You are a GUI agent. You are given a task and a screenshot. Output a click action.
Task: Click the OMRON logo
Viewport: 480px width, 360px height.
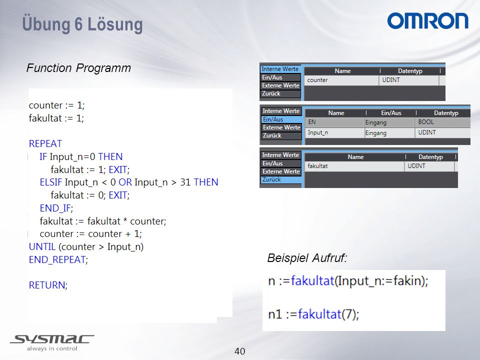tap(427, 21)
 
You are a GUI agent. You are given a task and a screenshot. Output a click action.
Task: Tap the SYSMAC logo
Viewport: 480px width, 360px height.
tap(52, 342)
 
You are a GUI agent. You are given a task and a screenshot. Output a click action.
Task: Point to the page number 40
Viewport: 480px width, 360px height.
tap(239, 351)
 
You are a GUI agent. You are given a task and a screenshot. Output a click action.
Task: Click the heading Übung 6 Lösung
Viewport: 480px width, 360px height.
tap(82, 24)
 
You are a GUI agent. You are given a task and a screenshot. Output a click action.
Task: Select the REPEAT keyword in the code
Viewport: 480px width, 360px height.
tap(45, 143)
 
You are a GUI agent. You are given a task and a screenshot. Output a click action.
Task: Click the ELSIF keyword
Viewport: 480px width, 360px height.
tap(51, 182)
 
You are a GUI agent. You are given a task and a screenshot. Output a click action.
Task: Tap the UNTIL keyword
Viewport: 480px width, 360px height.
tap(42, 246)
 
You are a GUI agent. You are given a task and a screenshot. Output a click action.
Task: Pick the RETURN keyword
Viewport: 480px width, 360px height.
tap(47, 285)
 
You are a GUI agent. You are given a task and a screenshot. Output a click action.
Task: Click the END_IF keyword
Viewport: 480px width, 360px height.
tap(55, 208)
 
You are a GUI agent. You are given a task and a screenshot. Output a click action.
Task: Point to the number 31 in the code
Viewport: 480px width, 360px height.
tap(185, 182)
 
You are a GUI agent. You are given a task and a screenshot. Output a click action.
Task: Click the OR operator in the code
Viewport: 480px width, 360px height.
tap(125, 182)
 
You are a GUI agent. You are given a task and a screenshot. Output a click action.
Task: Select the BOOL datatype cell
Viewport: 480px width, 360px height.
tap(426, 122)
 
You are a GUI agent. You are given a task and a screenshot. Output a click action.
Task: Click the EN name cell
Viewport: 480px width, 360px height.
tap(312, 122)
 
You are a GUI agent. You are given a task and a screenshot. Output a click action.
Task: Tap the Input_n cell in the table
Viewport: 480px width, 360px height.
tap(318, 132)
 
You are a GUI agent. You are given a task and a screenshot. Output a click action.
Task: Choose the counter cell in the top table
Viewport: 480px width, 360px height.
tap(317, 80)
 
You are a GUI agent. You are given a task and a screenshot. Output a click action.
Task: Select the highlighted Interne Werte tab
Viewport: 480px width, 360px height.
tap(280, 69)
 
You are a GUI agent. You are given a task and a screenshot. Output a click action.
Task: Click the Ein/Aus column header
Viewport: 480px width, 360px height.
tap(391, 113)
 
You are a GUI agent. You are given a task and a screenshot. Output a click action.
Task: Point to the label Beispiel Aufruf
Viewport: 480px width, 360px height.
tap(307, 258)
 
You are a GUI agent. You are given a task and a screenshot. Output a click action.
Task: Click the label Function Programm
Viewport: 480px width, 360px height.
tap(78, 68)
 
